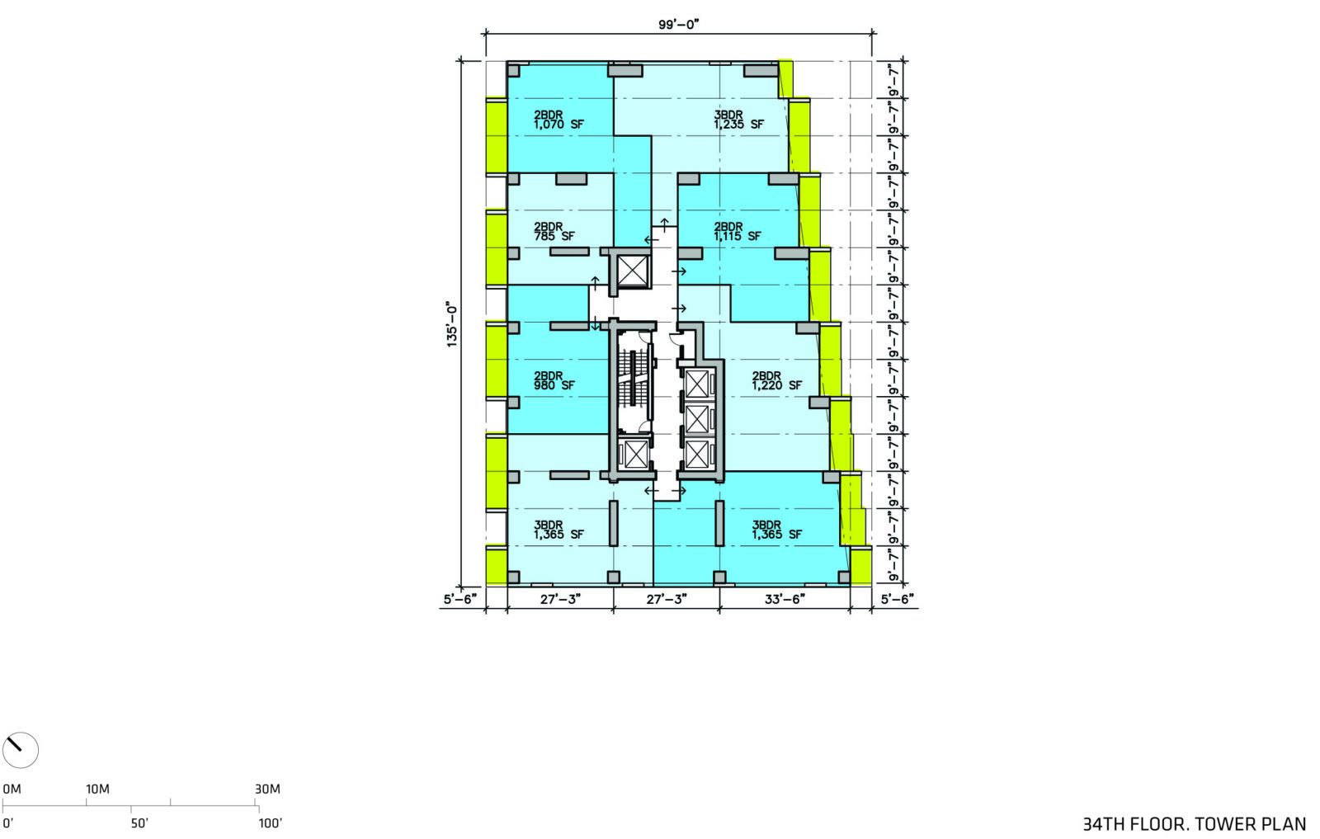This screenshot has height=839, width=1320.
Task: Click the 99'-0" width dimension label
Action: tap(678, 25)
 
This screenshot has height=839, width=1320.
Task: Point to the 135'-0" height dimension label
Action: tap(452, 325)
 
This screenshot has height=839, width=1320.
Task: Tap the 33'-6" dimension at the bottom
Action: tap(785, 599)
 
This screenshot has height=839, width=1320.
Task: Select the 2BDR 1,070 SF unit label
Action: tap(559, 120)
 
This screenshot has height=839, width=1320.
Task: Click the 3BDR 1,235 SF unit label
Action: tap(738, 120)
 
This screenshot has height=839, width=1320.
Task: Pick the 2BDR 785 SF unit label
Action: tap(554, 231)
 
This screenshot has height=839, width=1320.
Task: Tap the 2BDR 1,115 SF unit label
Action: tap(738, 231)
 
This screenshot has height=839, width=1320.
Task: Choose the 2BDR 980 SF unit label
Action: tap(554, 380)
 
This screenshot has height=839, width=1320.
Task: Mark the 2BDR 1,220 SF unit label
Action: tap(776, 380)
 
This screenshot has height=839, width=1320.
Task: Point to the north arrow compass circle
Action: tap(20, 750)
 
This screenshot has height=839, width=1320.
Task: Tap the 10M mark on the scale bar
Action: tap(97, 789)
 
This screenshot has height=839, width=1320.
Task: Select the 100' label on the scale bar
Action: tap(271, 823)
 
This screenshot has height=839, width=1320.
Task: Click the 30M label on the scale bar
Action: tap(267, 789)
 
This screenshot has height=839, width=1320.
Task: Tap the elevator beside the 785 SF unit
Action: tap(632, 271)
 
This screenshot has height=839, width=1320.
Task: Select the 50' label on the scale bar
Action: tap(139, 823)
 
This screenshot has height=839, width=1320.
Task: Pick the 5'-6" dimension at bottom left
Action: tap(460, 599)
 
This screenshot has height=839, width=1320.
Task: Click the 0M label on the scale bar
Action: tap(12, 789)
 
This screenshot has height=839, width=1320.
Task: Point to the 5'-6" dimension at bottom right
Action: tap(897, 599)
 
